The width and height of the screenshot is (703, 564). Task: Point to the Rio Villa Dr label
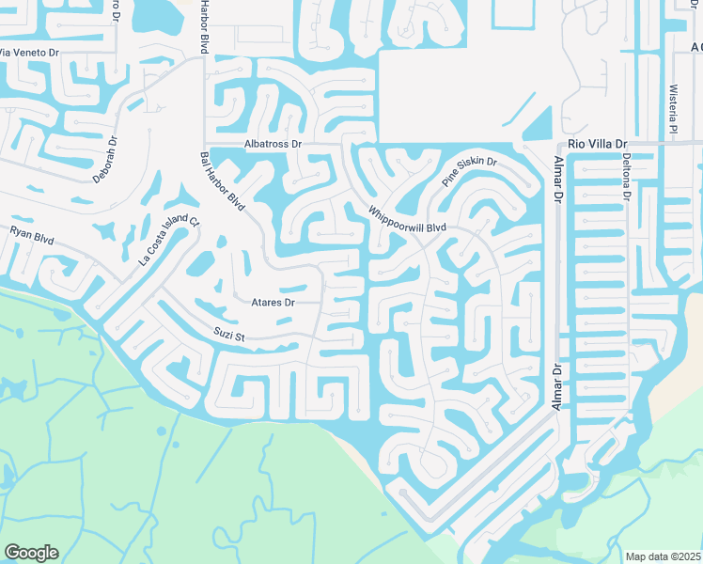pos(598,144)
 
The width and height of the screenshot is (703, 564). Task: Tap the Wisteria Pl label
pos(673,111)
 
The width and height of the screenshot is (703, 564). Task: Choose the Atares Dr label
pos(273,303)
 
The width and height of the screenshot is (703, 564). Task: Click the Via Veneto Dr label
pos(28,53)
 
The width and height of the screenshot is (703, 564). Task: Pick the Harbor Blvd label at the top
pos(203,26)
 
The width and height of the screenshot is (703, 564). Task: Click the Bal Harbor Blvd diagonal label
pos(223,181)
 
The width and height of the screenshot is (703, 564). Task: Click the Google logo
pos(31,553)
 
